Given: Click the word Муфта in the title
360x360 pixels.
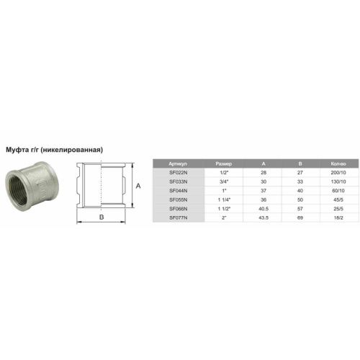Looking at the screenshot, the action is tap(17, 150).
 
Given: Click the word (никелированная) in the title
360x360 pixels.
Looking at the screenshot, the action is tap(72, 150).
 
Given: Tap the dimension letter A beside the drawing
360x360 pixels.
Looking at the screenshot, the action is tap(138, 186).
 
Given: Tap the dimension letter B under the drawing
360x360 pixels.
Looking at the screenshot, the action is tap(102, 217).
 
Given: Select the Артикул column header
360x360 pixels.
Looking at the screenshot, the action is tap(178, 164).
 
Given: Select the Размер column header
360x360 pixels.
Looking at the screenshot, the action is tap(224, 164).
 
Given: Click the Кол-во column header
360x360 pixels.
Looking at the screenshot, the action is tap(338, 164).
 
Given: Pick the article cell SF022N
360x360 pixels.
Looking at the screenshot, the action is tap(179, 173).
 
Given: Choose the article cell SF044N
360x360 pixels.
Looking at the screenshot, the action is tap(179, 191).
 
